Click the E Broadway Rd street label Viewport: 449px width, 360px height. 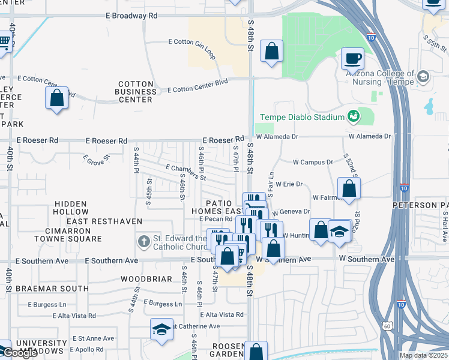coord(131,16)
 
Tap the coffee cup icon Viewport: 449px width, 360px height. coord(352,59)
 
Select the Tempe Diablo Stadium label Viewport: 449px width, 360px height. coord(301,117)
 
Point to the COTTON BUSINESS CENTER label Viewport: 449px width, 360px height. coord(137,92)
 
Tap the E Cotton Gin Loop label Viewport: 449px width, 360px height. coord(191,42)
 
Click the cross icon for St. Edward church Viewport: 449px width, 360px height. coord(143,242)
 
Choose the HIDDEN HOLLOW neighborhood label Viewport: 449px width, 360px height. coord(71,208)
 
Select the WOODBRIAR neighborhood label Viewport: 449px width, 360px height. coord(147,279)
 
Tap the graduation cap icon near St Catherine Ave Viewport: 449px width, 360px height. coord(161,329)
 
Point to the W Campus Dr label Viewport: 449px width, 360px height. coord(312,162)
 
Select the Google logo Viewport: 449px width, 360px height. coord(20,353)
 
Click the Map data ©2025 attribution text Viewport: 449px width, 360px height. coord(423,355)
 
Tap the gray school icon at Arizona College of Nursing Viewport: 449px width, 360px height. coord(424,76)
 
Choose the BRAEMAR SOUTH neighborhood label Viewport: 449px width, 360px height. coord(52,289)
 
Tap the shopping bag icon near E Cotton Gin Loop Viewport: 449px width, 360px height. coord(272,52)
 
